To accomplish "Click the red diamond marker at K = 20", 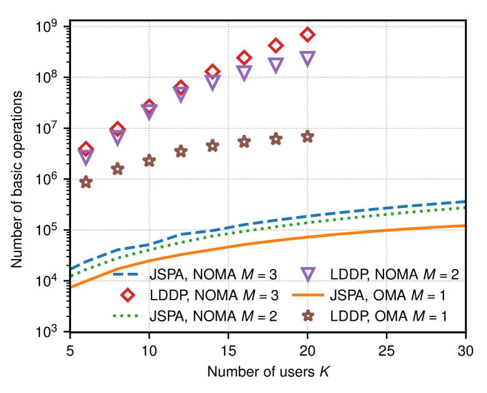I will click(x=307, y=34).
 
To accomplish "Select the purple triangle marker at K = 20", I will click(x=307, y=59).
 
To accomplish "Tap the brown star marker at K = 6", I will click(x=86, y=182).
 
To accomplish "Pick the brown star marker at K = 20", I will click(x=307, y=136).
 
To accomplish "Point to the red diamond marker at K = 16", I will click(x=244, y=58).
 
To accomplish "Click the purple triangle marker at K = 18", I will click(x=276, y=64).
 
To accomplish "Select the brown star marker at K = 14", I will click(x=213, y=146).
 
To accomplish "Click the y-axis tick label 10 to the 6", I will click(x=48, y=180).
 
